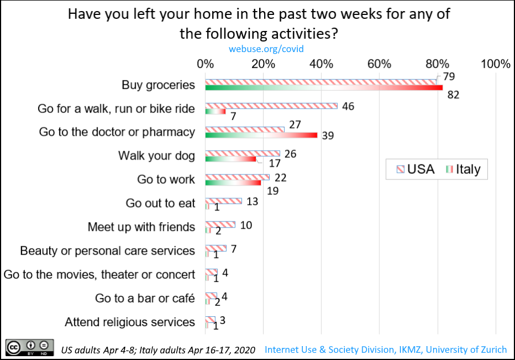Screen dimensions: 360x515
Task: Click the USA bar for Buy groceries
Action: [x=321, y=82]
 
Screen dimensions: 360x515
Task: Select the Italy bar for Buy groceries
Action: [x=324, y=88]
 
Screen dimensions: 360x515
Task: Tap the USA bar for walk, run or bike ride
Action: [x=271, y=105]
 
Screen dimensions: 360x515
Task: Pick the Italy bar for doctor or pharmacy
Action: [x=261, y=135]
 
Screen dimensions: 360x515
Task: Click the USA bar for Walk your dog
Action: [x=243, y=153]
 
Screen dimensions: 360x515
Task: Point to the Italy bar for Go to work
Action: [x=233, y=182]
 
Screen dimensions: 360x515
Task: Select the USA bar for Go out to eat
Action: [x=224, y=200]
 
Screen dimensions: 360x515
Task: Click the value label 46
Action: [x=348, y=106]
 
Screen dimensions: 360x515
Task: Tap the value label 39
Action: [x=328, y=136]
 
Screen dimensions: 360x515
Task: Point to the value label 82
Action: [x=454, y=95]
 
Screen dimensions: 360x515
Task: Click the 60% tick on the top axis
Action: [x=380, y=64]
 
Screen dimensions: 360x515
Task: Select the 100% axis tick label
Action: [x=495, y=64]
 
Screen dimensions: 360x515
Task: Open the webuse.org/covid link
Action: [x=266, y=49]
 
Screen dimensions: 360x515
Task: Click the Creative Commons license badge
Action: [x=30, y=348]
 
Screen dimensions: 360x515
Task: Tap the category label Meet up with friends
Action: [x=141, y=227]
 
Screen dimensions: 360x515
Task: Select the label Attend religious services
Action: [x=130, y=322]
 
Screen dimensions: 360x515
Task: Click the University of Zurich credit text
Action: [x=385, y=349]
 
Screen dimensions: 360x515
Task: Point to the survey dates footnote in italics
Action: [x=155, y=350]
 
